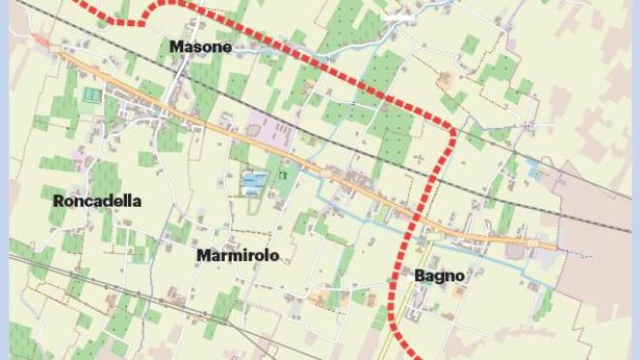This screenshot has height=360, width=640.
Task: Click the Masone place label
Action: tap(200, 47)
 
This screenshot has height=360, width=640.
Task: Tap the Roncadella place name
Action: tap(97, 201)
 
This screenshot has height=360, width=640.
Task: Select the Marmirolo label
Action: tap(238, 255)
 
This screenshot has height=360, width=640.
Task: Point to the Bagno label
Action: tap(439, 276)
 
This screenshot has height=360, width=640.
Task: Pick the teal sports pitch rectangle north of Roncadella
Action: tap(90, 95)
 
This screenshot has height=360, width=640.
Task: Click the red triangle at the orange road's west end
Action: tap(41, 40)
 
